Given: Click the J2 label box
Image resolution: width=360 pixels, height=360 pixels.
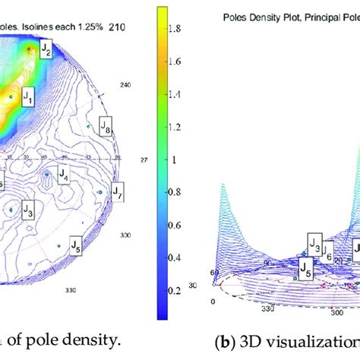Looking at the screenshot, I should coord(46,51).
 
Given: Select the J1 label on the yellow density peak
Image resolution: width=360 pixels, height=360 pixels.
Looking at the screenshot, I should coord(28,96).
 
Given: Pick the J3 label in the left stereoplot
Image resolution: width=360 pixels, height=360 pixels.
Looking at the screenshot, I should coord(29,209).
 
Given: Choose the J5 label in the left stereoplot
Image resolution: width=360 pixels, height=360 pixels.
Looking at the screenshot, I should coord(77,245).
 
